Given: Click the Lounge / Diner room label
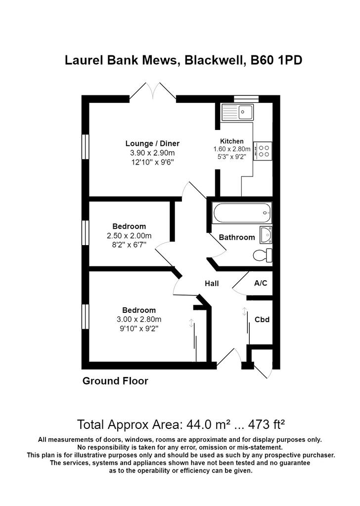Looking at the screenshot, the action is coord(152,144).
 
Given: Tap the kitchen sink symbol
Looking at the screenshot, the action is coord(238,112).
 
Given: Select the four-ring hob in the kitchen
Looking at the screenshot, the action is coord(263,151).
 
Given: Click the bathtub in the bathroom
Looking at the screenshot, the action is coord(241,213).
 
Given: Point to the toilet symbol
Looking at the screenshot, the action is coord(263,255).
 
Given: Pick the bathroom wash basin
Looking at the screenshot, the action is coord(266,235).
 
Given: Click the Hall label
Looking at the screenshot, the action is coord(212,284).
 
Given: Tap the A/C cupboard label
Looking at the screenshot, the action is coord(261,283).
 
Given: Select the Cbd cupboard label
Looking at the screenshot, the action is coord(262,320).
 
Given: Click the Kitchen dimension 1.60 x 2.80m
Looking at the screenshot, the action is coord(232,149).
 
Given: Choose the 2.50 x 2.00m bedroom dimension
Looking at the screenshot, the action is coord(129,236).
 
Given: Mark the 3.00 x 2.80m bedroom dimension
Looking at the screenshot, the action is coord(139,320).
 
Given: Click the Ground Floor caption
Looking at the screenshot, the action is coord(115,381).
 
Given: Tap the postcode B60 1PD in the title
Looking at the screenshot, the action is coord(276,60).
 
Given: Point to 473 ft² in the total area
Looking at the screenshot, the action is coord(267,424).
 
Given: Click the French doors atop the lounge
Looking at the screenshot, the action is coord(153,91).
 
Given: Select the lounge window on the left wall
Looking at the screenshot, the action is coord(85,147).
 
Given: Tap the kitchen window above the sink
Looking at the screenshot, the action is coord(246,99).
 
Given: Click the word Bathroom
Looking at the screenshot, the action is coord(237,238).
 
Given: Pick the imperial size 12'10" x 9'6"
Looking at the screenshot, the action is coord(152,162).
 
